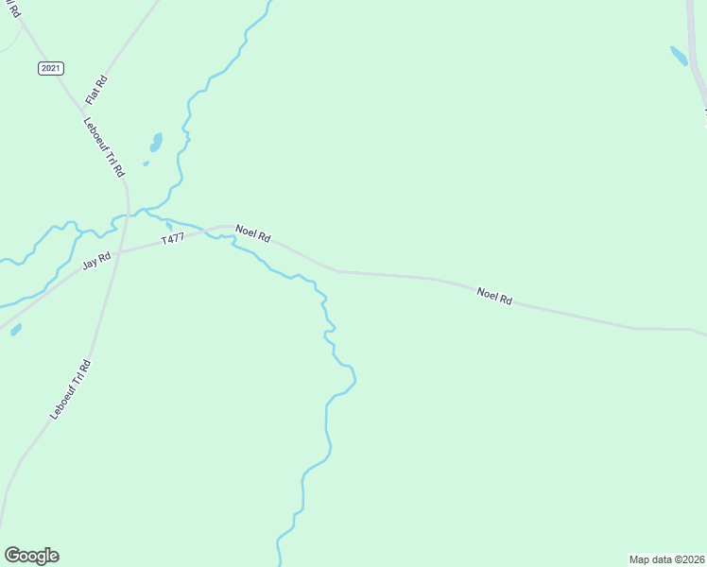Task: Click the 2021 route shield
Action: coord(51,68)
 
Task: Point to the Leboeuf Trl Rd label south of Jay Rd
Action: coord(71,390)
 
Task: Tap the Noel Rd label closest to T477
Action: coord(253,233)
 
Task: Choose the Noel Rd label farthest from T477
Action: coord(494,296)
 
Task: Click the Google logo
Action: coord(31,556)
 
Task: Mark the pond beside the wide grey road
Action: coord(679,56)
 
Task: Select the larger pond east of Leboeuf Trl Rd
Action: coord(156,142)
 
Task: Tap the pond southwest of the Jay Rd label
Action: coord(16,330)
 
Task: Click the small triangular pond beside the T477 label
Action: coord(169,227)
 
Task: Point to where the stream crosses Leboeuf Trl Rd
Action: coord(127,215)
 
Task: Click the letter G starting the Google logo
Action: coord(12,556)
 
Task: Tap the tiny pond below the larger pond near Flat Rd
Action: coord(146,163)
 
